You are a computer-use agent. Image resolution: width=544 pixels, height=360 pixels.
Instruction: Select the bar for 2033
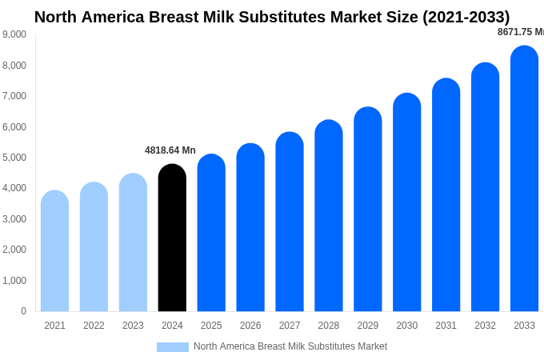tap(524, 179)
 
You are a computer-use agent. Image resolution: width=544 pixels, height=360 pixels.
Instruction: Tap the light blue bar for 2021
tap(54, 251)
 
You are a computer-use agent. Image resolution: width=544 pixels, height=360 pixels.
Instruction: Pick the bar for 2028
tap(329, 216)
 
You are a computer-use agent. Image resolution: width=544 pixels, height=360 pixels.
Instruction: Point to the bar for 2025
tap(211, 233)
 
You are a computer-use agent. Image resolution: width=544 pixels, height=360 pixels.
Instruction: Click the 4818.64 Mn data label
tap(170, 150)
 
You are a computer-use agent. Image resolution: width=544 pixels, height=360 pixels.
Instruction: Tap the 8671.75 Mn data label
tap(520, 32)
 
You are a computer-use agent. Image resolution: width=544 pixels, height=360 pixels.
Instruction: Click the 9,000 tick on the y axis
tap(14, 34)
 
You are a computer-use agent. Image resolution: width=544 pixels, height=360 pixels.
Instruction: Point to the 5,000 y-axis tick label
tap(14, 158)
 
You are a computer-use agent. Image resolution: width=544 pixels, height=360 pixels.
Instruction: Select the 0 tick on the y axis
tap(23, 311)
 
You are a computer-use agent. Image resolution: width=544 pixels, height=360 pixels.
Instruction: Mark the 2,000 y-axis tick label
tap(14, 250)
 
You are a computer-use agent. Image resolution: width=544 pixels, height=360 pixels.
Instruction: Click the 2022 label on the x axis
tap(94, 326)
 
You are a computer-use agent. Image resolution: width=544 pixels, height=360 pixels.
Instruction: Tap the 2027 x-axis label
tap(290, 326)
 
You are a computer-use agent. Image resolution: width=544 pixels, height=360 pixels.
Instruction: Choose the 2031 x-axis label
tap(446, 326)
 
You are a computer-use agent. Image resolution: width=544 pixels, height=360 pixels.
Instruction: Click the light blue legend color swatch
tap(173, 347)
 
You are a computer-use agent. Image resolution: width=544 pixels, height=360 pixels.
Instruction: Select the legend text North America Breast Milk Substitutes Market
tap(290, 346)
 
